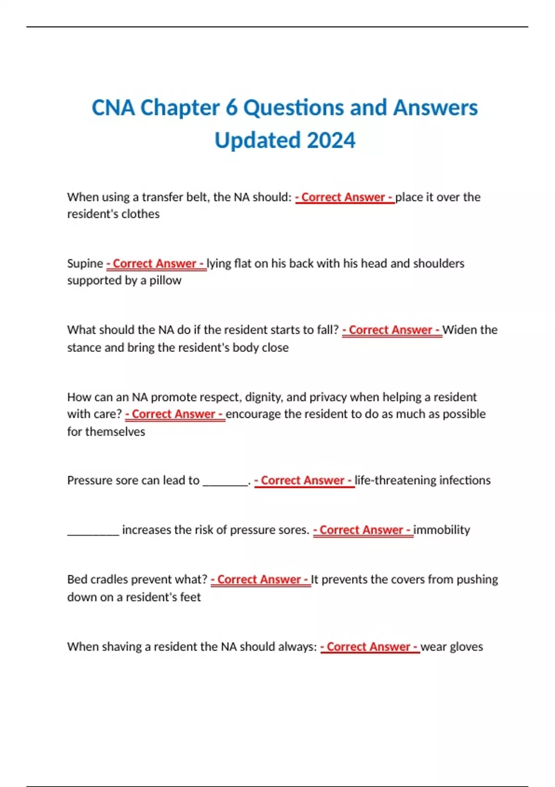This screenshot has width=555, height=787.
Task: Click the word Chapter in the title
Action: (x=179, y=107)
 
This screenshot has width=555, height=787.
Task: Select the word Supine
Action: (x=85, y=263)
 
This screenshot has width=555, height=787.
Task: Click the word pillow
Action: (x=165, y=281)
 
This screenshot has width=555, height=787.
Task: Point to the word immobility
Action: (x=442, y=530)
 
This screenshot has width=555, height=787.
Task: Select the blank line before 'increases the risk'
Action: (x=93, y=532)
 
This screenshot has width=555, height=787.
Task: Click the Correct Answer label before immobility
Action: (x=363, y=530)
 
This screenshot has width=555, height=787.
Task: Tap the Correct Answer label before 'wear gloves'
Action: (x=370, y=647)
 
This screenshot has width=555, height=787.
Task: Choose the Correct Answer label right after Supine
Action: (x=156, y=263)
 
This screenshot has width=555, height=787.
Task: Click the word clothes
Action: (x=140, y=214)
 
